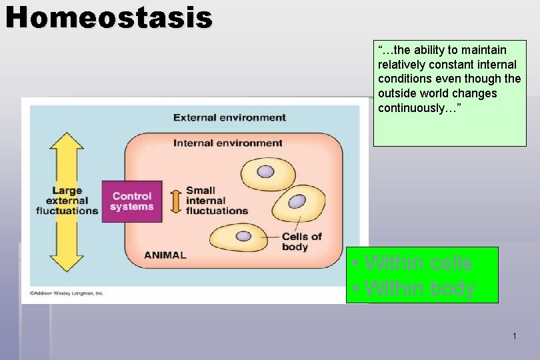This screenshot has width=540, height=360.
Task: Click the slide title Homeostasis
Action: point(109,17)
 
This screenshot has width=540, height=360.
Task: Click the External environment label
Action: point(229,118)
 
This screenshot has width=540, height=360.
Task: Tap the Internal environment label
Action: point(228,143)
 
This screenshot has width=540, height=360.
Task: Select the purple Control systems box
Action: point(132,201)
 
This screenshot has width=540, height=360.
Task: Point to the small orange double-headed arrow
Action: point(175,201)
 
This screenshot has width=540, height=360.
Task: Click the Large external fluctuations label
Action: point(67,201)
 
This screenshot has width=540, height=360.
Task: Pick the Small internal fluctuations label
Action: point(216,201)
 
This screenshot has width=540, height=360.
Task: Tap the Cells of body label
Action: point(301,241)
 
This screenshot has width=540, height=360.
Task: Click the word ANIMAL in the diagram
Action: point(165,255)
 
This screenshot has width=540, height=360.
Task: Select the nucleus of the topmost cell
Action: point(266,172)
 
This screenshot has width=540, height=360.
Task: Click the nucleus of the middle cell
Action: point(297,201)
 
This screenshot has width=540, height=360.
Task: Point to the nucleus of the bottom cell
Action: point(244,235)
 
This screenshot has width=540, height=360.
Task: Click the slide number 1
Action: point(514,337)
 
